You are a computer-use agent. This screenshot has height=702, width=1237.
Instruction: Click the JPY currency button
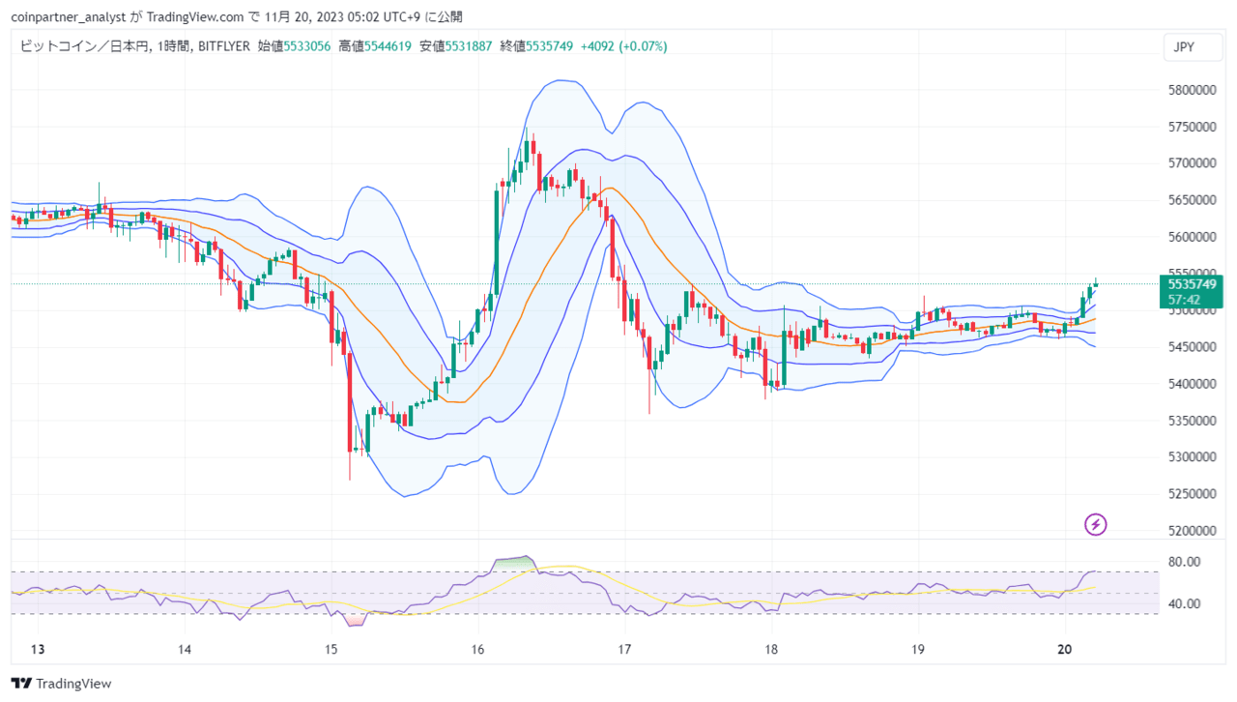click(1184, 46)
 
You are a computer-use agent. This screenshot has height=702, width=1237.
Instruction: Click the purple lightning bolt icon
click(1095, 525)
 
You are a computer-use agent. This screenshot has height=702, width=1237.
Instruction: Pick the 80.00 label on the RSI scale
click(1185, 562)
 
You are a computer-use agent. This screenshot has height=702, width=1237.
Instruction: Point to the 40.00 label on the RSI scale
click(1185, 604)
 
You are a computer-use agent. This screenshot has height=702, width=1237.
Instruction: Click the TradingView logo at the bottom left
click(62, 684)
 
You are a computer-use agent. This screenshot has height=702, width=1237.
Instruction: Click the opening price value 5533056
click(306, 46)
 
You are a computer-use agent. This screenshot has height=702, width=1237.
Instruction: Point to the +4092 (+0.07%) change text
click(623, 46)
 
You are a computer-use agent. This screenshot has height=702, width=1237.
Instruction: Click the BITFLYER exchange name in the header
click(225, 46)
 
